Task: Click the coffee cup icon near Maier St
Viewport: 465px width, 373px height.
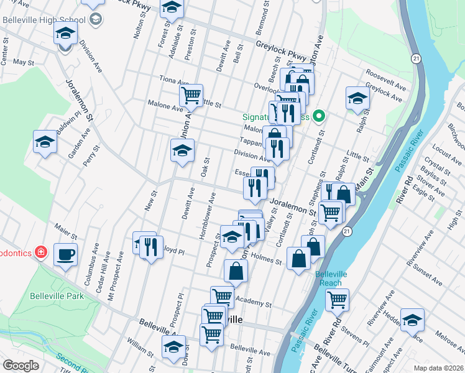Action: point(65,254)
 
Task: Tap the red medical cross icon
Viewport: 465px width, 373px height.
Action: point(41,252)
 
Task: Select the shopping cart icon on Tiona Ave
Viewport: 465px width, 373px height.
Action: point(191,95)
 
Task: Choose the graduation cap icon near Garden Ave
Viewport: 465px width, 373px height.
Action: point(45,142)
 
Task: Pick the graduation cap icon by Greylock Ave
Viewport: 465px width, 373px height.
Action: point(357,98)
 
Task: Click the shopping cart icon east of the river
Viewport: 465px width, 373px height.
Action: point(337,300)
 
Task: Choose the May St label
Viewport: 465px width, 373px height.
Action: point(23,63)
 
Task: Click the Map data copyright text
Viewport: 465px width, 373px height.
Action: point(438,367)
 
